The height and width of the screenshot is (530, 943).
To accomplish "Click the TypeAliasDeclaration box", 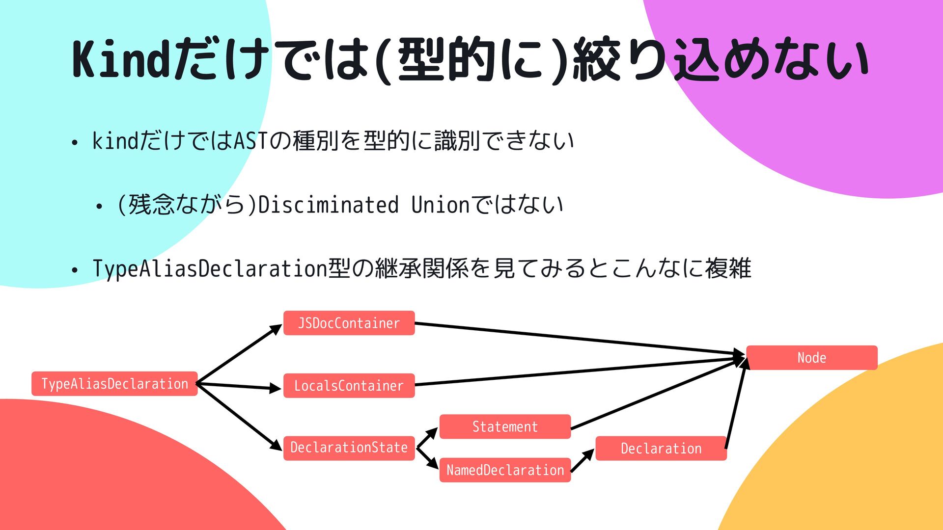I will coord(114,384).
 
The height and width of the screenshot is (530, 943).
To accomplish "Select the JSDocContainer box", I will coord(349,323).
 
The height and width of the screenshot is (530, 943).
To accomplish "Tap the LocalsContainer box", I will coord(349,386).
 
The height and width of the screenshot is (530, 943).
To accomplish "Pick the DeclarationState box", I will coord(349,448).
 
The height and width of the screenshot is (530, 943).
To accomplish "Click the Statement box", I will coord(505,426).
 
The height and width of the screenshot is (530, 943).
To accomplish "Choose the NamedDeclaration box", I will coord(505,470).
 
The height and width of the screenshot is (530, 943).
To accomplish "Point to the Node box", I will coord(811,358).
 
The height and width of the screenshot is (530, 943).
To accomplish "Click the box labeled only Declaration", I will coord(661,449).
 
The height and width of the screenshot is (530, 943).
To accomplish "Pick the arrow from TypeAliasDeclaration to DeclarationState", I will coord(239,416).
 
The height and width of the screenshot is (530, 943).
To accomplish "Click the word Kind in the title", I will coord(121,60).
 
